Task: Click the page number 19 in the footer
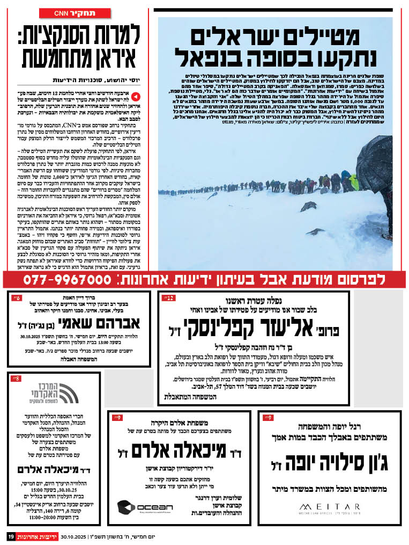[x=10, y=536]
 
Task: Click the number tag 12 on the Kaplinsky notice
[x=168, y=297]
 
